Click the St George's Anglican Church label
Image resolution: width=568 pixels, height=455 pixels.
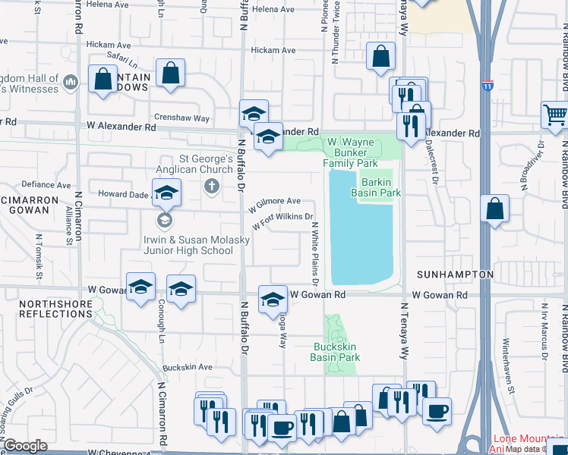click(206, 165)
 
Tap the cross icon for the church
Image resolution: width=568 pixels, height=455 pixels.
click(211, 186)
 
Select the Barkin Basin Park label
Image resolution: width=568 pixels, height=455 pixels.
click(375, 187)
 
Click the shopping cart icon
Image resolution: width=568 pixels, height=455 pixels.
click(556, 116)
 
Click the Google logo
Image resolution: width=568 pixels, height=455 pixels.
click(25, 446)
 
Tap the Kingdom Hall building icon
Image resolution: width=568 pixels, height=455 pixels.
click(71, 81)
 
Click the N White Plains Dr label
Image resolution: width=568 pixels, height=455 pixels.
click(313, 254)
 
